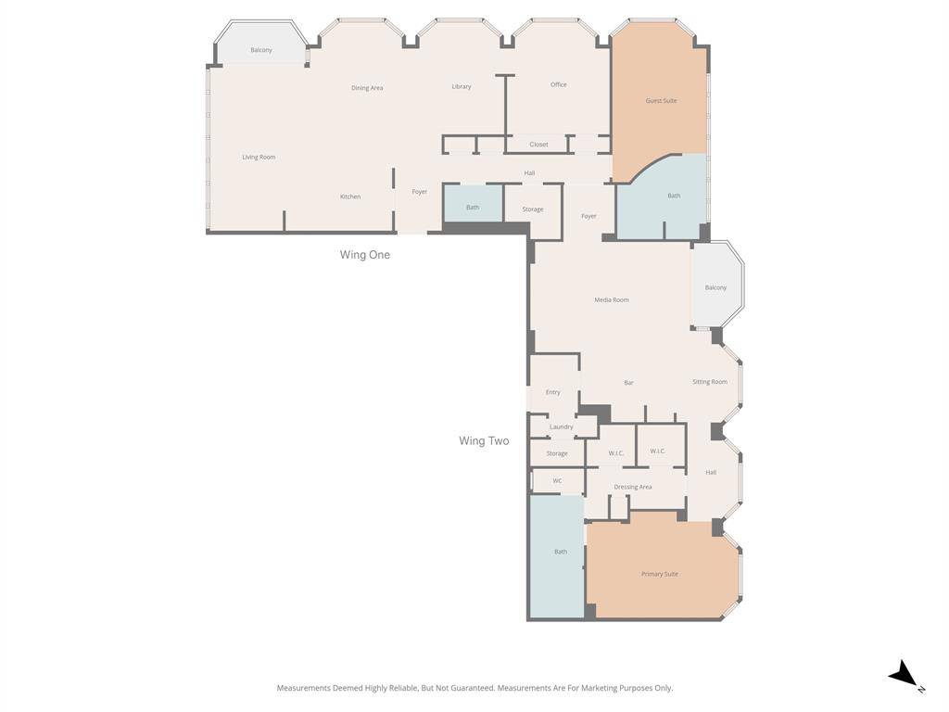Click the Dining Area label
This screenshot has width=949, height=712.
[x=367, y=88]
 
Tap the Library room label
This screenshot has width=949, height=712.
[x=462, y=86]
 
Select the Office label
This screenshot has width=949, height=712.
[x=558, y=84]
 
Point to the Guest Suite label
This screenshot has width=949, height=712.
[x=661, y=100]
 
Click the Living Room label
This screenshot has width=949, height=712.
[x=259, y=157]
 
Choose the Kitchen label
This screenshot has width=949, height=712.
[x=350, y=197]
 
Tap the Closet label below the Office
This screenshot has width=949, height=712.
[x=538, y=144]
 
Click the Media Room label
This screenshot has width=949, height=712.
[x=612, y=299]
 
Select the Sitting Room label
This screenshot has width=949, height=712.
[x=710, y=381]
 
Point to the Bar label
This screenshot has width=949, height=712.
[x=628, y=383]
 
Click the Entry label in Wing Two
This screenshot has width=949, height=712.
[x=552, y=392]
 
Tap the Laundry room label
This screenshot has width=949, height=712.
[x=561, y=426]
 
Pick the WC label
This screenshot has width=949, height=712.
[x=557, y=481]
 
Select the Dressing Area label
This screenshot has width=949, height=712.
[x=632, y=487]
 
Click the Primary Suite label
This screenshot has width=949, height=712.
[x=659, y=574]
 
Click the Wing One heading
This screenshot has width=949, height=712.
[x=364, y=255]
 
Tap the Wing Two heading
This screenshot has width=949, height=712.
[x=484, y=441]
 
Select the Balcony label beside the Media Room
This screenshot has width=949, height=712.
[x=715, y=287]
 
